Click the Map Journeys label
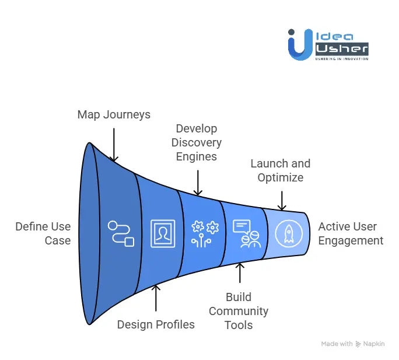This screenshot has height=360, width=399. tap(114, 114)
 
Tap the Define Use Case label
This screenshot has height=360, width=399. tap(43, 233)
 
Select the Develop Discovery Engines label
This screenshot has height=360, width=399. tap(198, 142)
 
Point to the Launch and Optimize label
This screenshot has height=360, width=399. tap(280, 170)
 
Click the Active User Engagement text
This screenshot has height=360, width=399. tap(351, 233)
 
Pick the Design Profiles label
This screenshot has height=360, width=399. tap(156, 324)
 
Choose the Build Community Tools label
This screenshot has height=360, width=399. tap(239, 311)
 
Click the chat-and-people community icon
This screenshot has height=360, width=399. tap(246, 233)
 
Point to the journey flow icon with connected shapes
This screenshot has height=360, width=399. tap(121, 233)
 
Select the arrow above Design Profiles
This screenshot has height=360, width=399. tap(156, 298)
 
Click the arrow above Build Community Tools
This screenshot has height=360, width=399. tap(239, 273)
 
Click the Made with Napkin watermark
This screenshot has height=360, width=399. tap(352, 344)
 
